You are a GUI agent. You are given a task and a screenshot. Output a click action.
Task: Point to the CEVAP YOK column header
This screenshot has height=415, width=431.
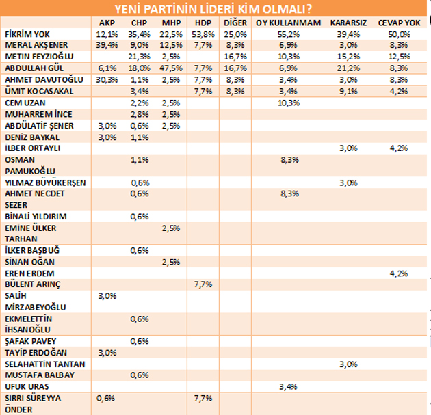coord(399,23)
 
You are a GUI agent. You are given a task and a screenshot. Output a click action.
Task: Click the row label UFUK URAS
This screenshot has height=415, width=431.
coord(25,386)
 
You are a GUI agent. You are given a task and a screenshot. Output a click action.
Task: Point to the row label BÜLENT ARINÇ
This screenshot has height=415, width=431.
coord(30,283)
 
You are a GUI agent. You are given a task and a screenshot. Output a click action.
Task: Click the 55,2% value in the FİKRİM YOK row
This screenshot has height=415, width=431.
coord(289,34)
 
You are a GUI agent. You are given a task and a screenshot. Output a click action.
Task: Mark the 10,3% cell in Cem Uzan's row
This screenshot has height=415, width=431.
coord(289,102)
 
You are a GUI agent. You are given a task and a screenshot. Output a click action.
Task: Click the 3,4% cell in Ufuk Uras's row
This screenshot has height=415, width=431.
coord(289,386)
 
